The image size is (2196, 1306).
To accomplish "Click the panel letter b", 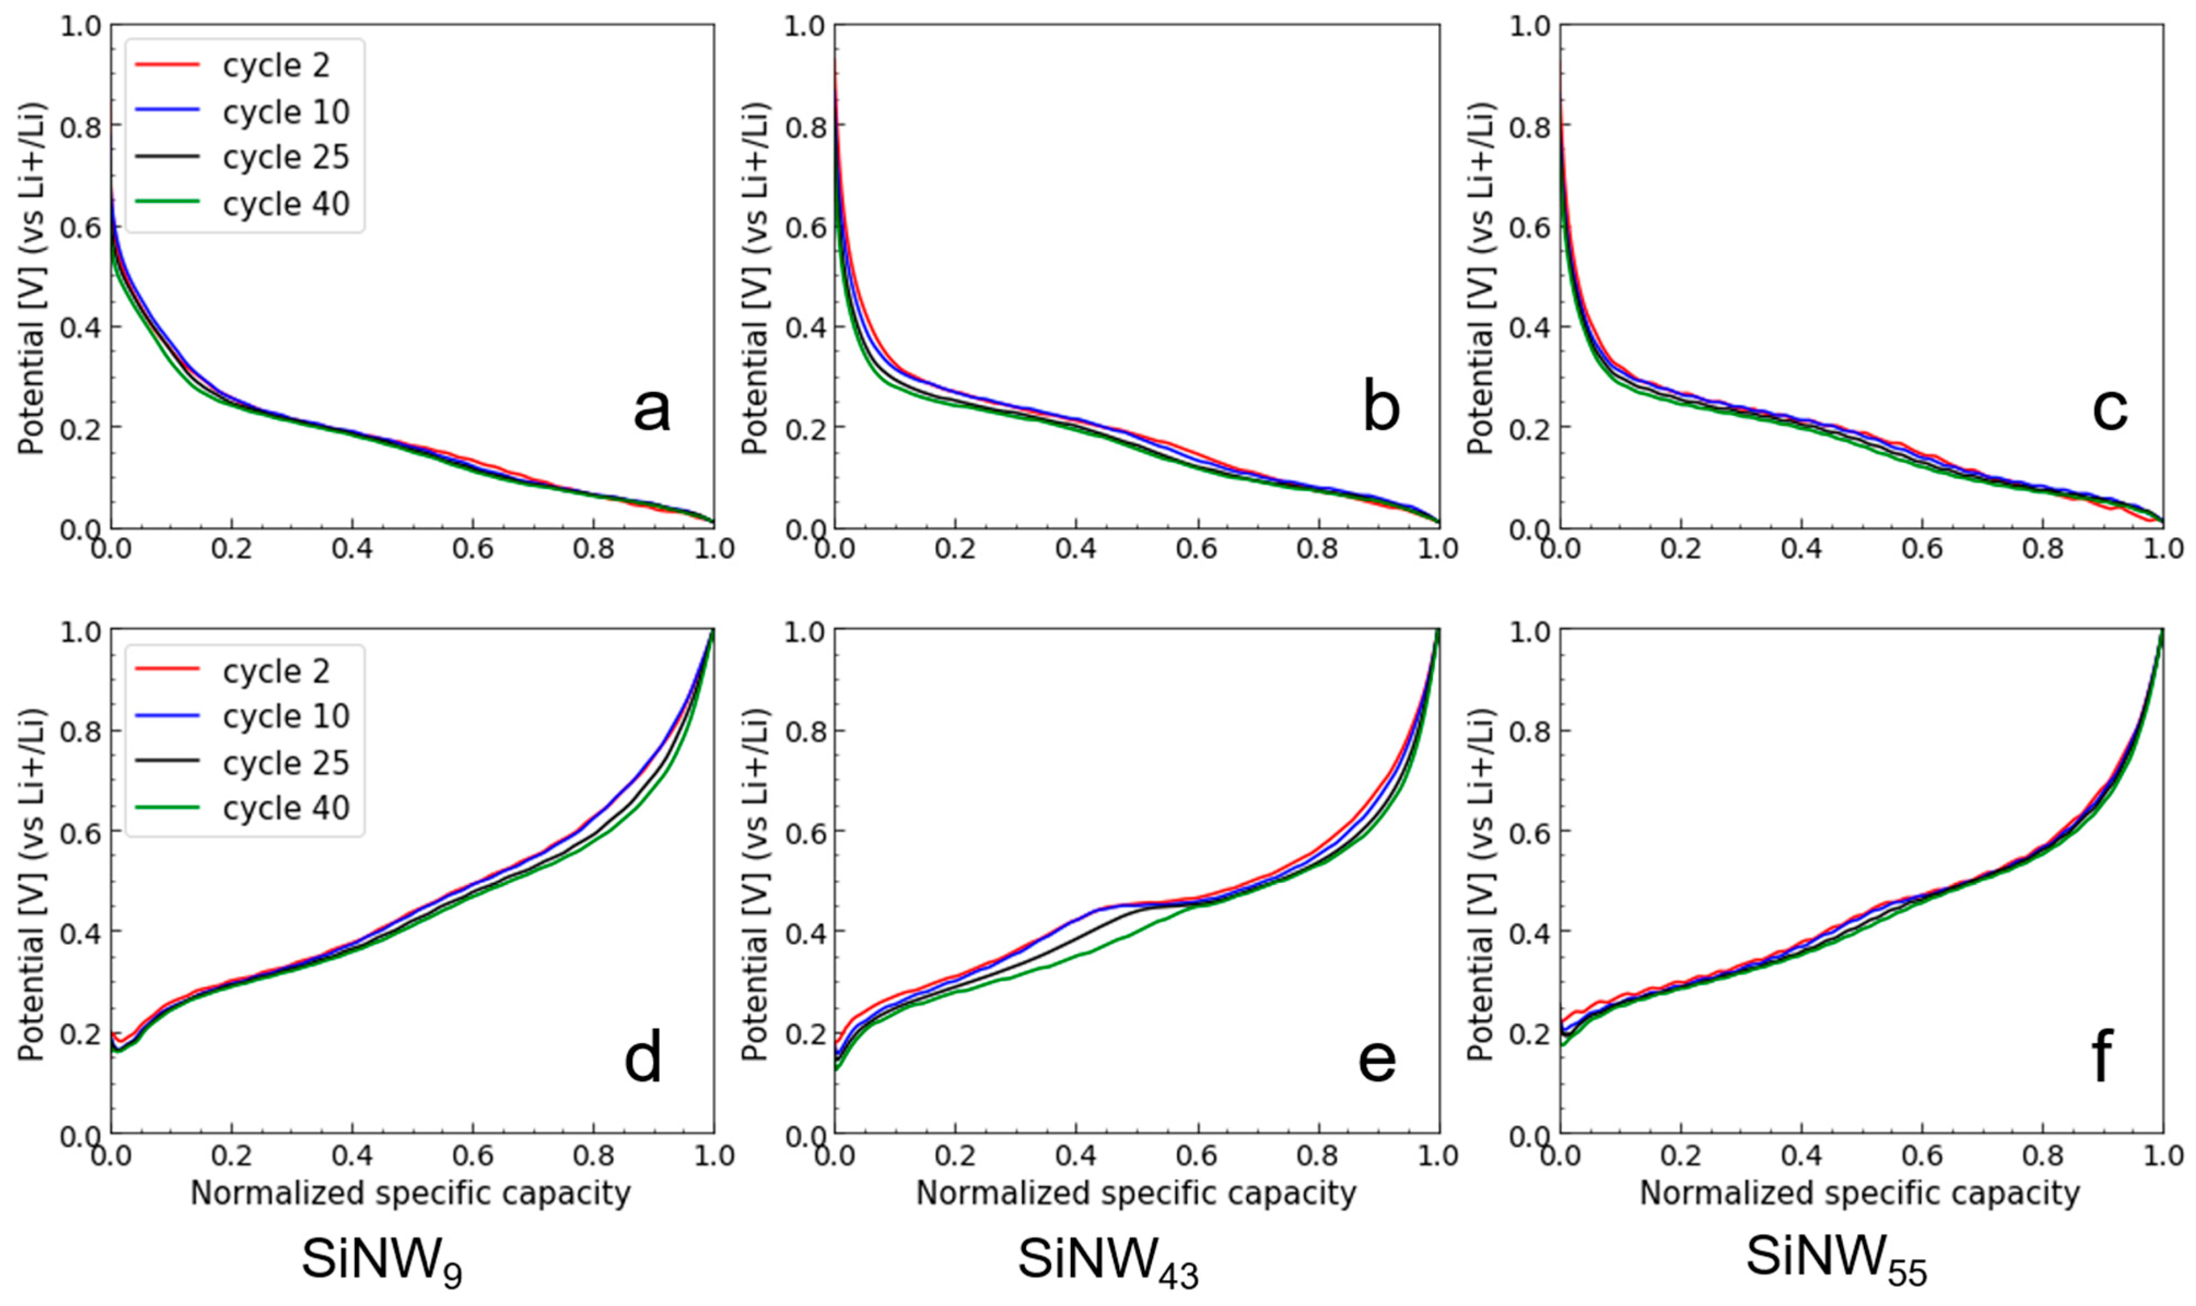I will point(1380,409).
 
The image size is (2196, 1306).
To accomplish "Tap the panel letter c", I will point(2109,409).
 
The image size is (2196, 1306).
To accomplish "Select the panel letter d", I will point(643,1058).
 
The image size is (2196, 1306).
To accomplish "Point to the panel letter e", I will point(1377,1058).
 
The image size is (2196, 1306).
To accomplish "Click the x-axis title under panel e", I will point(1135,1193).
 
